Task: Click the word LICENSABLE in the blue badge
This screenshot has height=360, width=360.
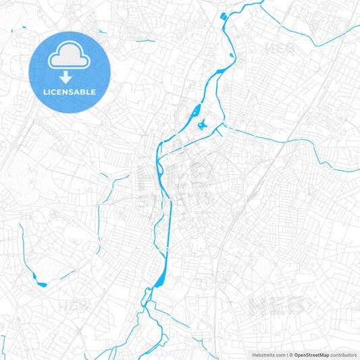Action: (x=70, y=92)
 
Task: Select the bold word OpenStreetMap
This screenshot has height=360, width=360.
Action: (x=311, y=354)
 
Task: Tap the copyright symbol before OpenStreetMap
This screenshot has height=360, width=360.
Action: (x=292, y=354)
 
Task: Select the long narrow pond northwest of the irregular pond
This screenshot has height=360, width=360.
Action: (x=196, y=109)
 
